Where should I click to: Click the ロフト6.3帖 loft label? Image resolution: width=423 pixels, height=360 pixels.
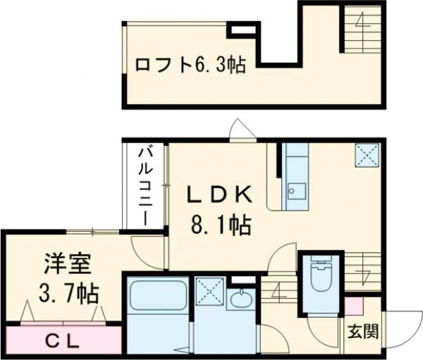190,66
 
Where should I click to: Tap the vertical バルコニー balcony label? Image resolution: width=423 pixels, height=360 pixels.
146,185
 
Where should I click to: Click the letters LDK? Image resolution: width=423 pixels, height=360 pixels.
219,194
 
